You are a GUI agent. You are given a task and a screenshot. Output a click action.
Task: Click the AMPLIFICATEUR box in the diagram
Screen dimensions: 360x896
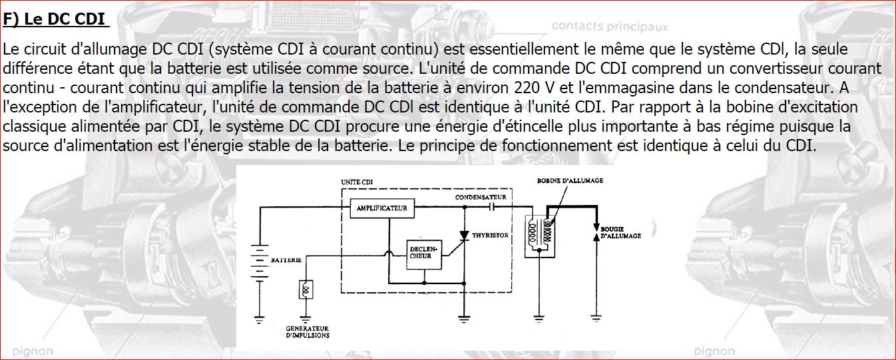[x=382, y=208]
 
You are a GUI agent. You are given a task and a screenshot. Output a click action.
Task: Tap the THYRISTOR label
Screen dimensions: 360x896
[x=491, y=235]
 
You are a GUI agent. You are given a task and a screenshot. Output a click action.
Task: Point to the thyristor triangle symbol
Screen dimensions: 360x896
[x=465, y=236]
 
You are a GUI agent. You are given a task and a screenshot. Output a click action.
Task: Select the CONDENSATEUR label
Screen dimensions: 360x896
[x=481, y=198]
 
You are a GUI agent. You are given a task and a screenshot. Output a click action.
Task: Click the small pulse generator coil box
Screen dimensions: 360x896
[x=306, y=289]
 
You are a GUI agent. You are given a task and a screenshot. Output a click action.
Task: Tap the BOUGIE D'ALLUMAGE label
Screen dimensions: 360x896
[x=620, y=232]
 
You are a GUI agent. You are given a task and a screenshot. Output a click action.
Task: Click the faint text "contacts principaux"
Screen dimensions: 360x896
[x=610, y=27]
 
